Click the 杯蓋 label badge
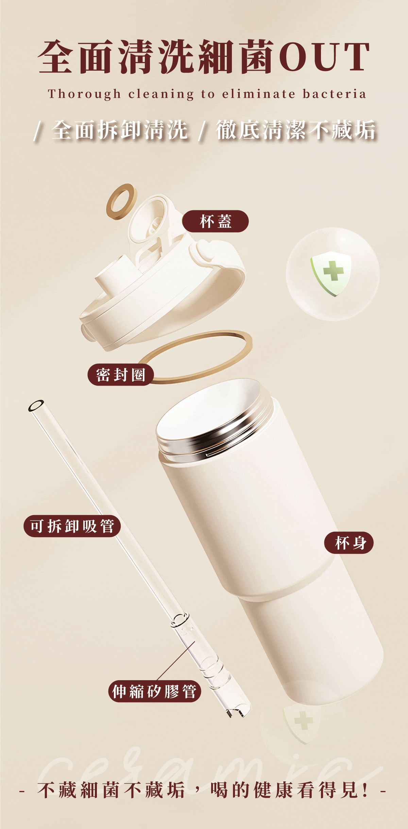(x=215, y=221)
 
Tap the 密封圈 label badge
(x=121, y=375)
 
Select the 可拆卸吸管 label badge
(x=72, y=526)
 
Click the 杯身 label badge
(x=349, y=543)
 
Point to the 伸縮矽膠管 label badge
(x=155, y=691)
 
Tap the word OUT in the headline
(x=325, y=57)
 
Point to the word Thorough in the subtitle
(x=84, y=94)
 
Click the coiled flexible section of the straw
(x=213, y=671)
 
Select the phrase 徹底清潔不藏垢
(x=296, y=130)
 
